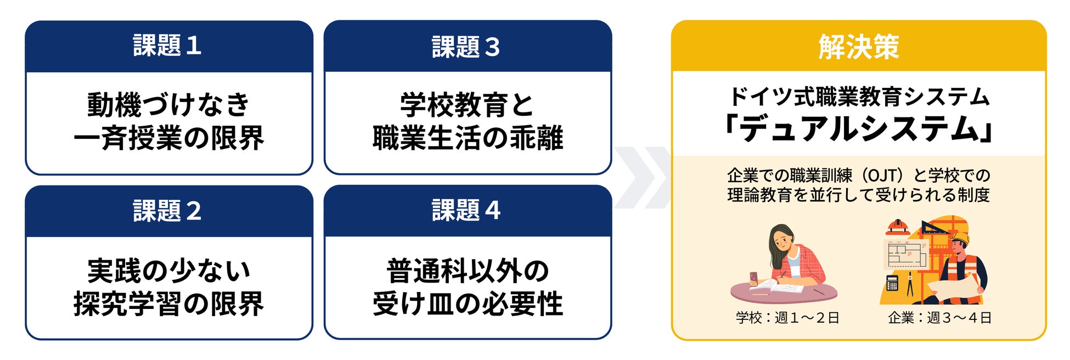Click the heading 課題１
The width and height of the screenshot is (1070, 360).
167,46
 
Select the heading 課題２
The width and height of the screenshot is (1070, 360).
167,211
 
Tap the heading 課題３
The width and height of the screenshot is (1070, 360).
466,47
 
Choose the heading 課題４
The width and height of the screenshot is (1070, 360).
466,210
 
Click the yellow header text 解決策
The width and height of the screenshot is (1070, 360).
859,47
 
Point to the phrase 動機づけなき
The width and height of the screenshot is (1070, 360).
168,104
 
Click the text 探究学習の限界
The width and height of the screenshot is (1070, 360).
168,303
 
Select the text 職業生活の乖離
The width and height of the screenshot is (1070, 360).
468,138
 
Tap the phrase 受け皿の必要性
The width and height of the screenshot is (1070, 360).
468,303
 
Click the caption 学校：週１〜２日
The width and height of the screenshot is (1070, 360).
788,318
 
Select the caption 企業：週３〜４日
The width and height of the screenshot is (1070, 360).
940,318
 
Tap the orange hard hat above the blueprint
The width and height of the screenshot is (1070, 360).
898,226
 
